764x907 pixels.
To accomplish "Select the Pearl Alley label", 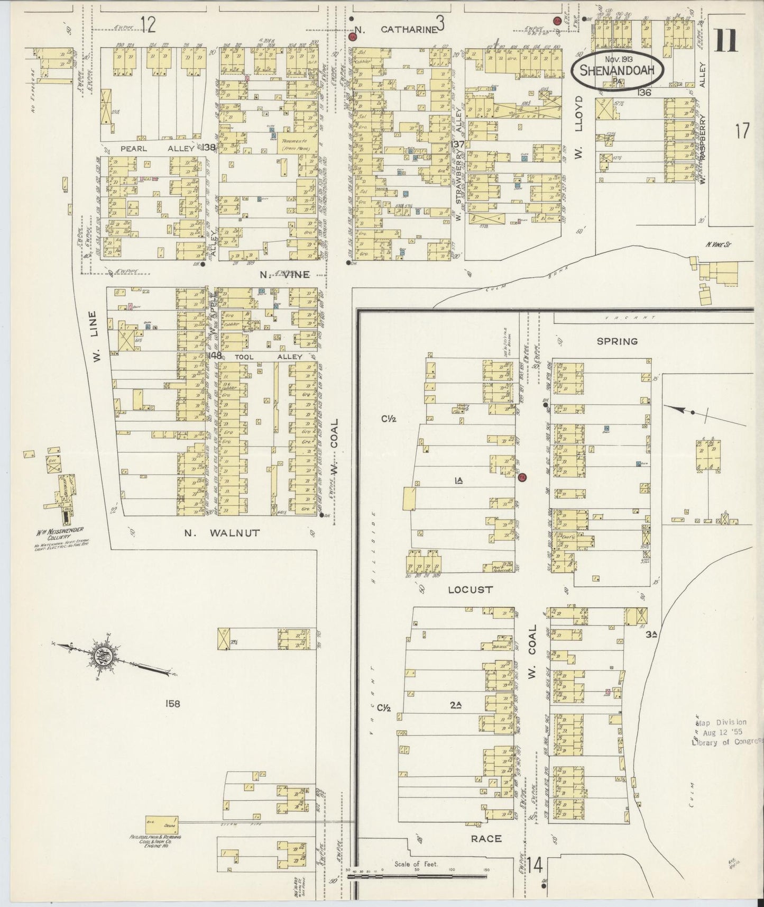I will click(157, 149).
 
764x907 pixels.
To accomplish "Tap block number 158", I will click(173, 703).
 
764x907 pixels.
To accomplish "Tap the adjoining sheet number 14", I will click(535, 866).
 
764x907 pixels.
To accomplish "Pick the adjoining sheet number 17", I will click(741, 131).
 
